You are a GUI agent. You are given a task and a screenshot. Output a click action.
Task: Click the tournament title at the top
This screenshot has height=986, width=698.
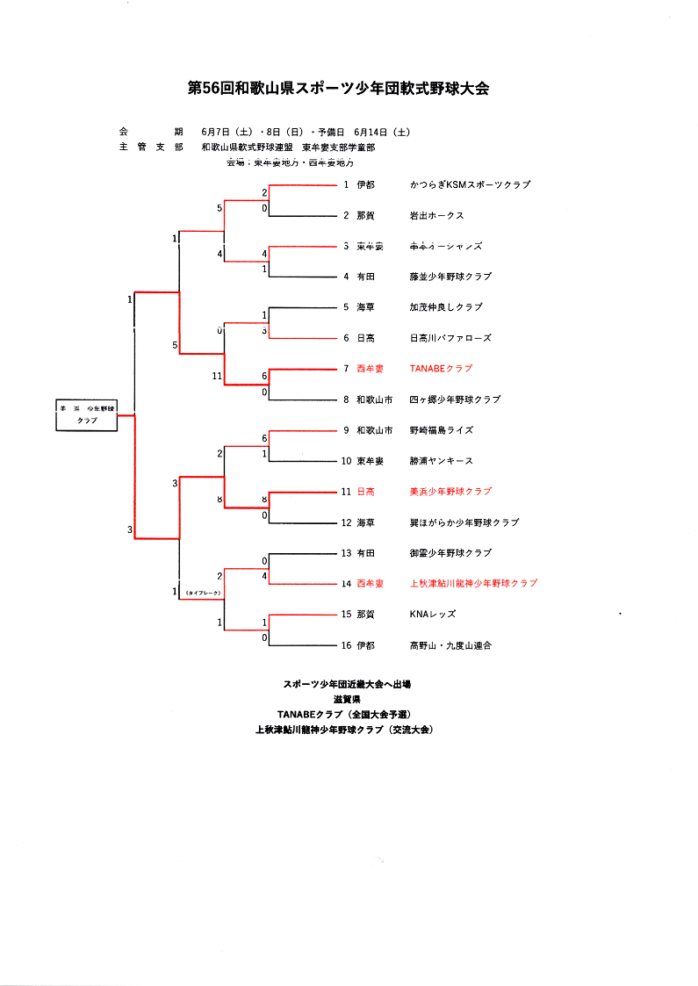coord(338,88)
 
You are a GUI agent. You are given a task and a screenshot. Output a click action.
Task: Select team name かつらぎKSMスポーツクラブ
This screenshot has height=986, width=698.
coord(470,184)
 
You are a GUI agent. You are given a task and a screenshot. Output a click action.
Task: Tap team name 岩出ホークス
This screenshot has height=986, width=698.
coord(436,215)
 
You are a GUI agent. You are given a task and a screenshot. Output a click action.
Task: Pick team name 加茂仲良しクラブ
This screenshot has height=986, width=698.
coord(446,307)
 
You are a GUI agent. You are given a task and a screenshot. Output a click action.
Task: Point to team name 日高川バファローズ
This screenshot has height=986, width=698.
coord(450,338)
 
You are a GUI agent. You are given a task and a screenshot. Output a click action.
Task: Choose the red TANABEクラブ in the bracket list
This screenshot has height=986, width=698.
coord(441,369)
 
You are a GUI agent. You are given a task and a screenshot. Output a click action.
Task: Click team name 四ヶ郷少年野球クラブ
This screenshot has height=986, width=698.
coord(455,399)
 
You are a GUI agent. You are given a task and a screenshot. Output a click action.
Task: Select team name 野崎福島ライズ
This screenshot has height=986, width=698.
coord(441,430)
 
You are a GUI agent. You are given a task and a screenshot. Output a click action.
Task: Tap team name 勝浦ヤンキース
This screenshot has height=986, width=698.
coord(441,461)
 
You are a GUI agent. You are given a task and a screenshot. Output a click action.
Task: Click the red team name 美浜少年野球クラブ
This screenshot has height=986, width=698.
coord(450,492)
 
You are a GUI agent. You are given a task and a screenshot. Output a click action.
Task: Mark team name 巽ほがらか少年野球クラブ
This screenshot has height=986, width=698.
coord(464,522)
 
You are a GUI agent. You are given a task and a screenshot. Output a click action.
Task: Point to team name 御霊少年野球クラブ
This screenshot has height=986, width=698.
coord(450,553)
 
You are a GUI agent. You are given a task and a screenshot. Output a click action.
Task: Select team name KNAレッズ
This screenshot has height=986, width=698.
coord(433,615)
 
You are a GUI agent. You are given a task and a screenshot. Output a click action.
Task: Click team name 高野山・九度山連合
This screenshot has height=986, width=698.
coord(450,645)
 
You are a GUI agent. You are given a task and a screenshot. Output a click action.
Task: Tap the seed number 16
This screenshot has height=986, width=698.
coord(347,645)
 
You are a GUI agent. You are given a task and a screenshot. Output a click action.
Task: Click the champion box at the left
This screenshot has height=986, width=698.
coord(87,415)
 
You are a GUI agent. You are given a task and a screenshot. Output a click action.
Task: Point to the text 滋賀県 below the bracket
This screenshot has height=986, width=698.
coord(347,699)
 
